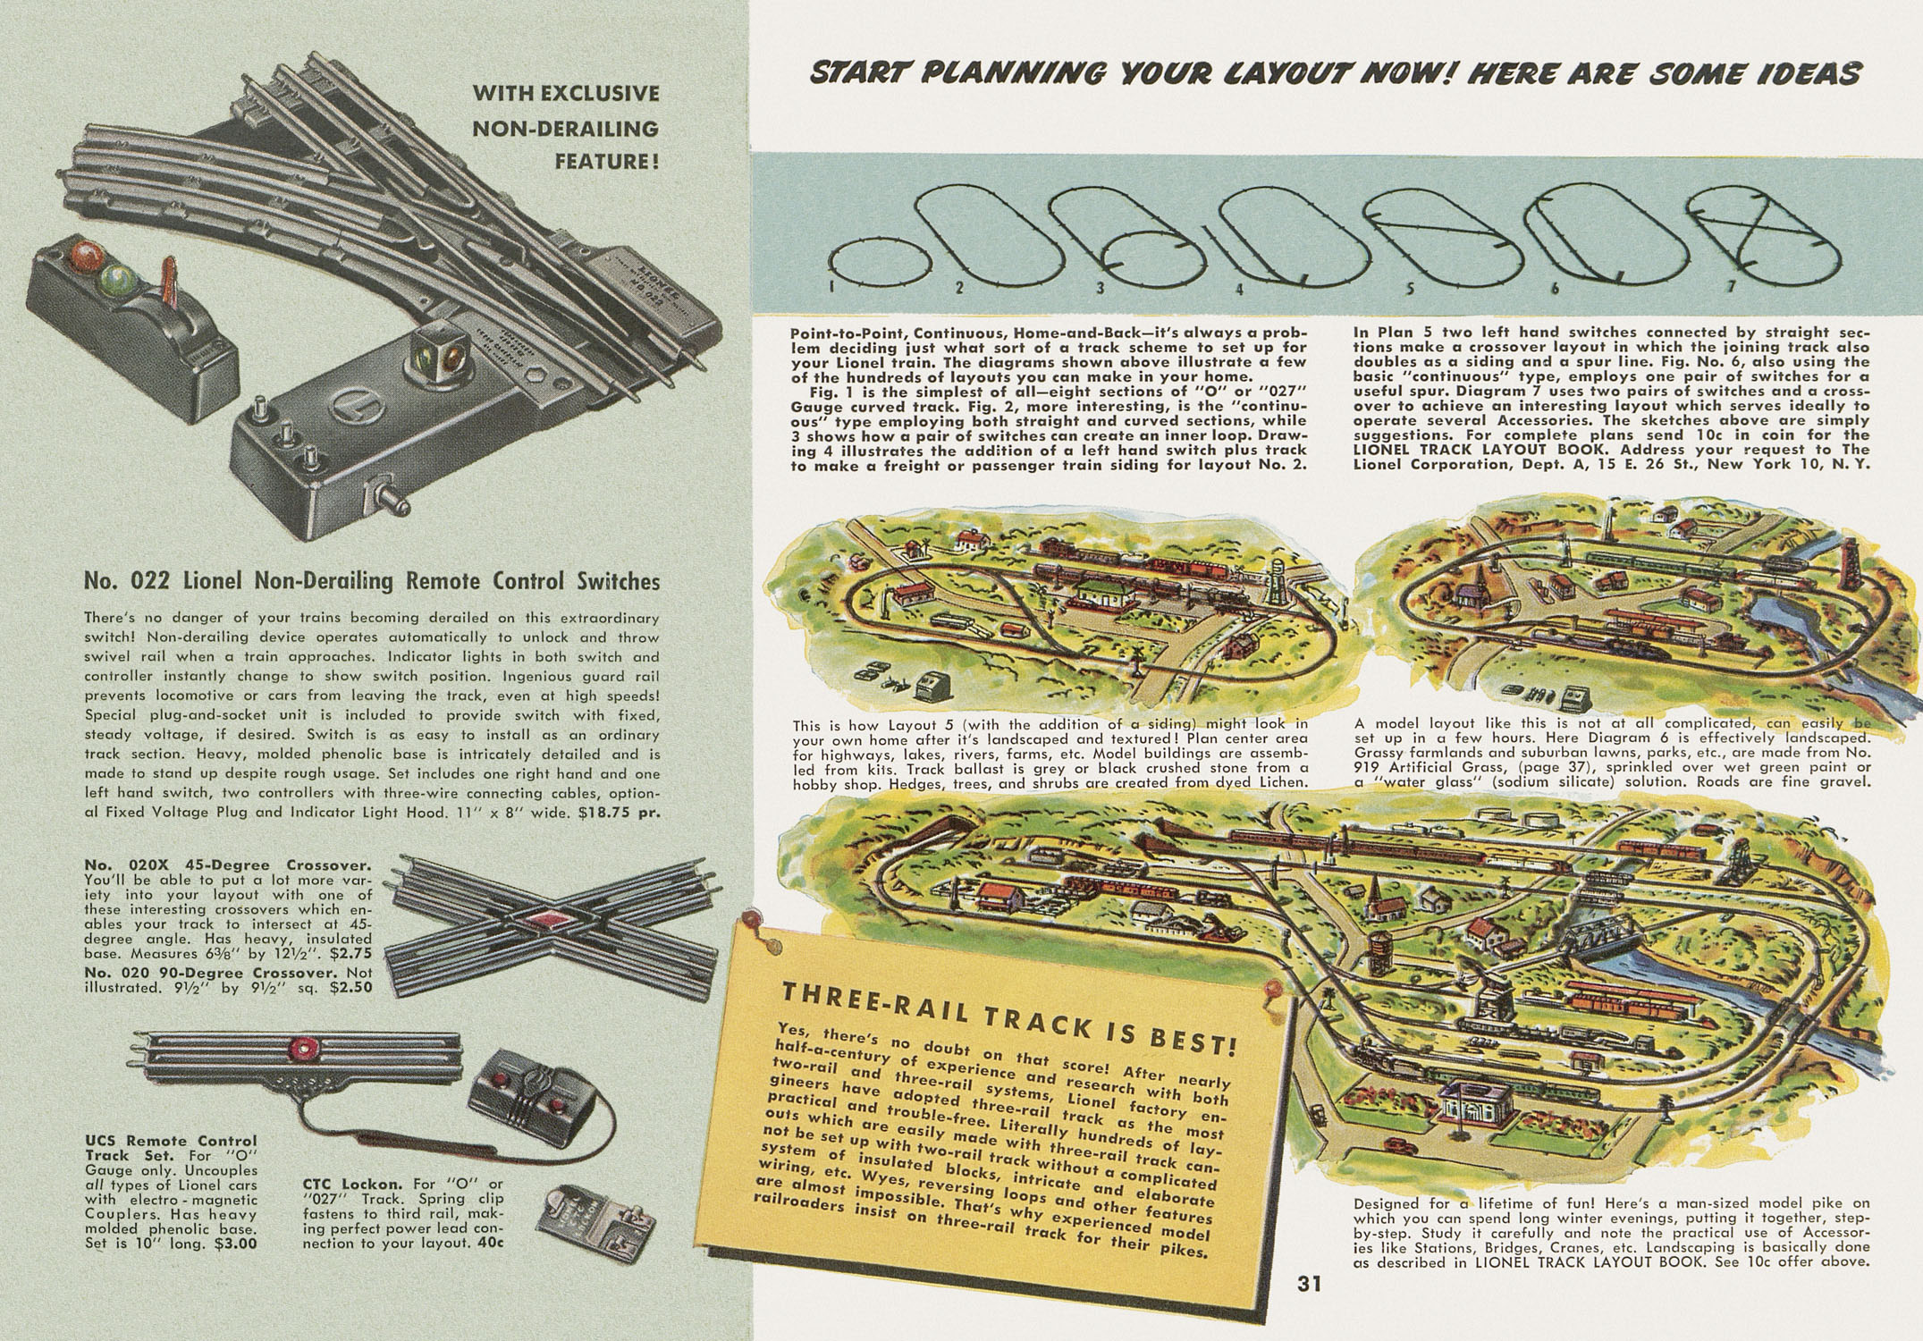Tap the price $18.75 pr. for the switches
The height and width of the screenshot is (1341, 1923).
tap(619, 813)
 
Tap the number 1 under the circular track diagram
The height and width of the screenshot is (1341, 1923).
tap(831, 286)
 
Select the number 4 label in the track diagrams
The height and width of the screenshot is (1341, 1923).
tap(1240, 289)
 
